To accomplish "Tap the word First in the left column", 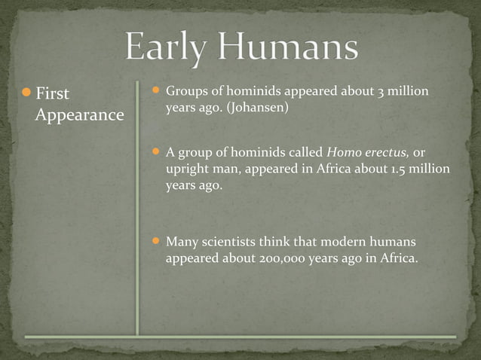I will pos(52,93).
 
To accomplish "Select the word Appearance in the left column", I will pos(78,115).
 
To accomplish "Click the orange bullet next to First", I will pos(26,93).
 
